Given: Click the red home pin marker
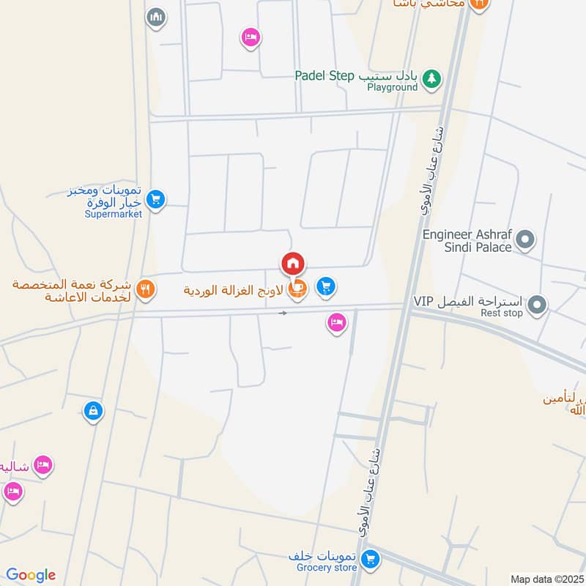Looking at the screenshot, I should [x=292, y=264].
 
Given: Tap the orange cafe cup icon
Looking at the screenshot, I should [x=297, y=289].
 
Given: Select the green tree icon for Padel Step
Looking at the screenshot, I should [x=433, y=78].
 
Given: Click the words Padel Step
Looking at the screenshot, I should [x=324, y=75].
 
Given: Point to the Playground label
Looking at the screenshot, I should [x=393, y=88].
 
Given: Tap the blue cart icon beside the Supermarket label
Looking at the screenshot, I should [x=155, y=199].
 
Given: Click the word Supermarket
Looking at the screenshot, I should [x=114, y=214].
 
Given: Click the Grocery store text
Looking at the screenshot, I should [x=327, y=568].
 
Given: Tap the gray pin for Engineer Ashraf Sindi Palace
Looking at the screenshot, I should [x=525, y=239].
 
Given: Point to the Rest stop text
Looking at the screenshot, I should [x=502, y=314].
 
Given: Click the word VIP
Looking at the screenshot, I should [x=424, y=301].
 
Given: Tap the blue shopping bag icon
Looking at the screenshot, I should [x=93, y=412].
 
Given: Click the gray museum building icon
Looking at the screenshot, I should [x=155, y=18].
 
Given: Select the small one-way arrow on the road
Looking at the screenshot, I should [x=283, y=313].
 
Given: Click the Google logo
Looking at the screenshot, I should [x=31, y=575].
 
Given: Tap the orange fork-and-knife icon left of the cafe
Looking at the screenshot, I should [x=146, y=289].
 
